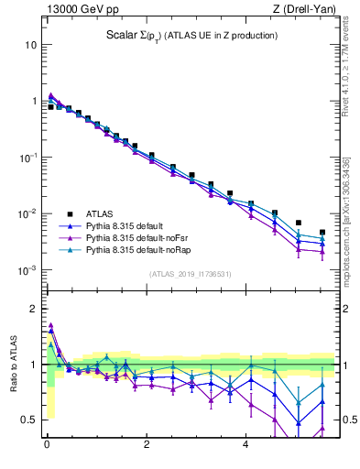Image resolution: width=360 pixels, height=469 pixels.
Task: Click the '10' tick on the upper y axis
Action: [30, 44]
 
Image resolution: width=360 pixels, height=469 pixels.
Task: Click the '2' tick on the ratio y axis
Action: [33, 309]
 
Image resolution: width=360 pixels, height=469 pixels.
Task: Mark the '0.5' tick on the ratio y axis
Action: [29, 420]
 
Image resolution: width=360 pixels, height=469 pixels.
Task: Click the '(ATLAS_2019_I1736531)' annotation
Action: [191, 274]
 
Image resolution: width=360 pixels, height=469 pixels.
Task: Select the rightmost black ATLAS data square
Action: [322, 233]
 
